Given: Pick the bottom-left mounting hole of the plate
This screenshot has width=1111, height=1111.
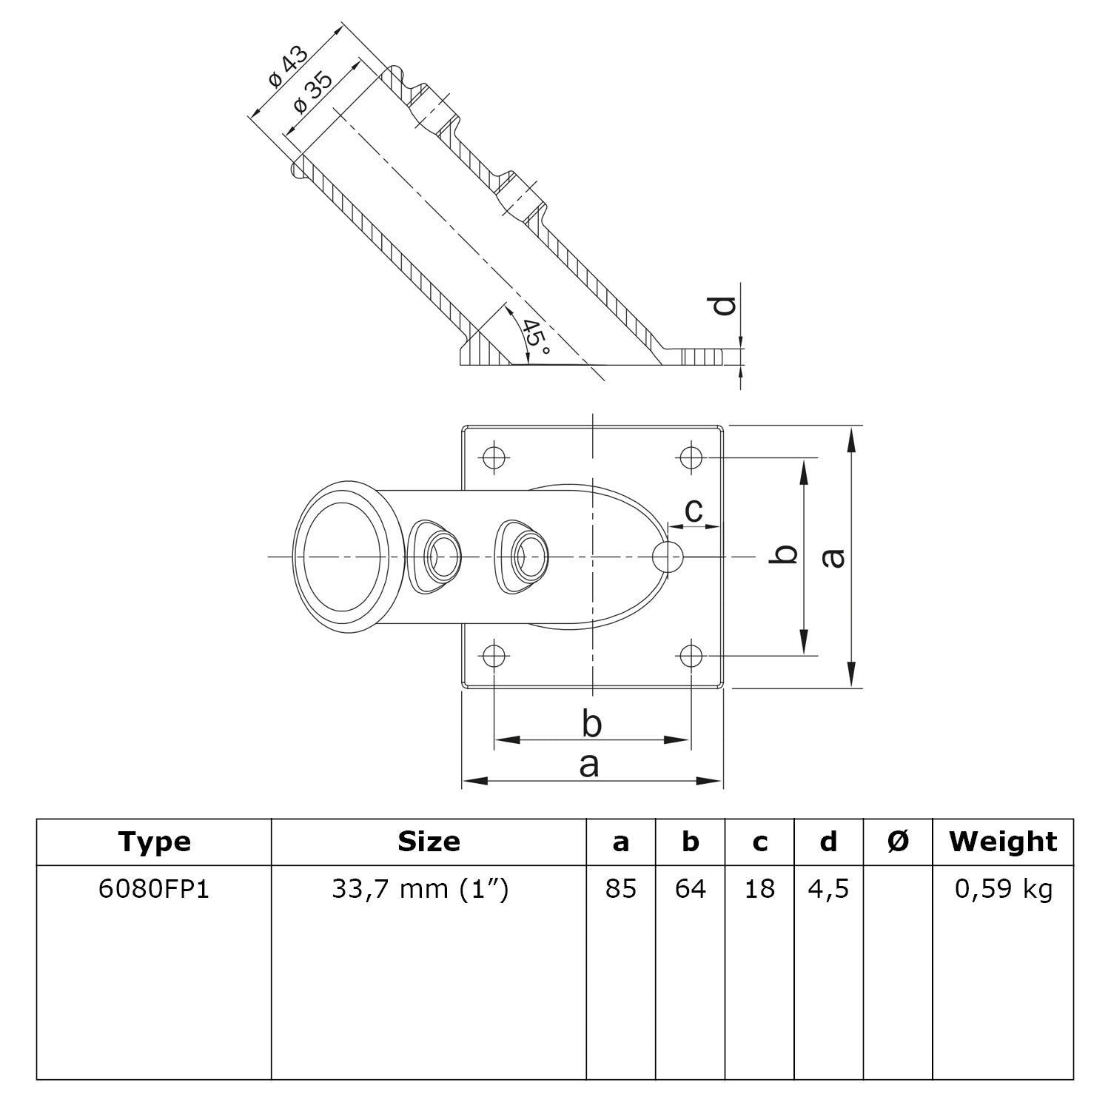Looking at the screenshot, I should pyautogui.click(x=494, y=655).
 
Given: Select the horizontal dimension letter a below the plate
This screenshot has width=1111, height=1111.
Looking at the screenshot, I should pyautogui.click(x=589, y=765).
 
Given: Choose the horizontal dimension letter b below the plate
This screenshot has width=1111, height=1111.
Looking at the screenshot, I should pyautogui.click(x=591, y=724).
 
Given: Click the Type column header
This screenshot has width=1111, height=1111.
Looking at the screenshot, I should pyautogui.click(x=154, y=842).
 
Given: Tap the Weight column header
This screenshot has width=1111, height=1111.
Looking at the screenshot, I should pyautogui.click(x=1003, y=842).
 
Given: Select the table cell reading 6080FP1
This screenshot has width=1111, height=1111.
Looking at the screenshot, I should pyautogui.click(x=154, y=888).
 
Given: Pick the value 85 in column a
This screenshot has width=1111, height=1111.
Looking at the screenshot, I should pyautogui.click(x=620, y=888).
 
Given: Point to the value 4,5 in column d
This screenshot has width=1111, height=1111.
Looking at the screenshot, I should pyautogui.click(x=828, y=888).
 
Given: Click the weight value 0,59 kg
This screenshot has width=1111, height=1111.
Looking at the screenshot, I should pyautogui.click(x=1003, y=888).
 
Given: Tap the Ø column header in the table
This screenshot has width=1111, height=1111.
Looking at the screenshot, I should pyautogui.click(x=897, y=842).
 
